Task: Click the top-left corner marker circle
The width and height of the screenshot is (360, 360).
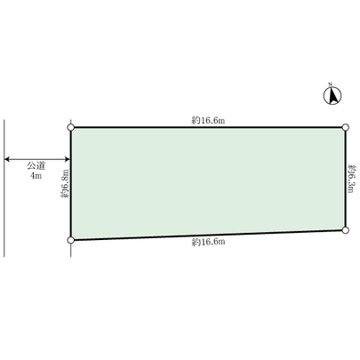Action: pos(71,128)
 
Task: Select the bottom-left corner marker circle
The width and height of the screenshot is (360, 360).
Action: pos(71,240)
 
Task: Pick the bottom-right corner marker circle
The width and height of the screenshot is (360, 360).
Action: pos(346,229)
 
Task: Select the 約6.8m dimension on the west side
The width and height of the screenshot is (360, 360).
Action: pos(64,183)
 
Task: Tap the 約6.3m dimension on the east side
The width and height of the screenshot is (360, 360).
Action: pos(353,178)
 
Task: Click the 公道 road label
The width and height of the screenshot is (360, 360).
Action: pos(36,166)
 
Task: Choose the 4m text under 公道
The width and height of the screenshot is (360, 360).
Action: pos(36,177)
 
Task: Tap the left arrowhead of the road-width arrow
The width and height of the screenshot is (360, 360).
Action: pos(7,160)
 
